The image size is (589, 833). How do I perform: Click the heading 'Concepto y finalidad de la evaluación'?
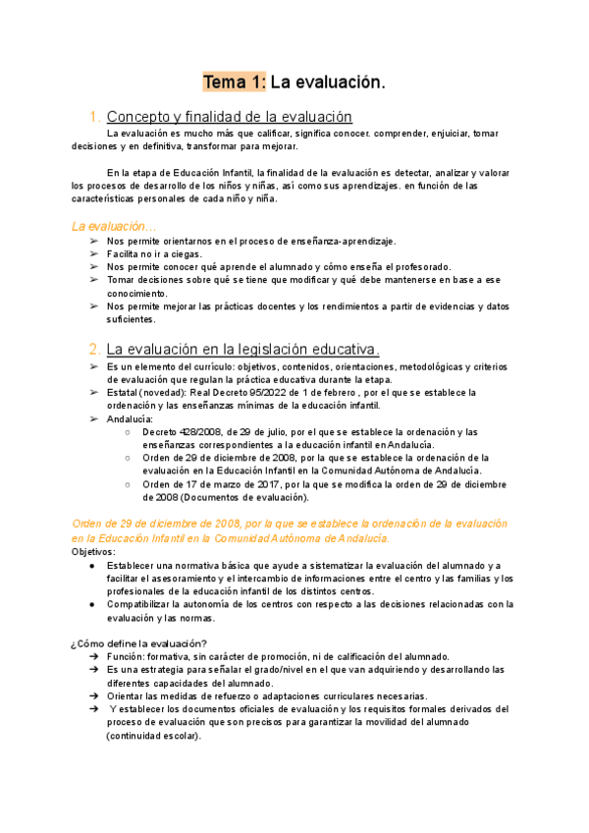click(229, 117)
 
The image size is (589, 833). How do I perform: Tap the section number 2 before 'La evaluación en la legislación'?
click(92, 349)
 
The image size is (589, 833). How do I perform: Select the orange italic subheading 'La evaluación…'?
click(114, 225)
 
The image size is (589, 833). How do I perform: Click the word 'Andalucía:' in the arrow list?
click(130, 418)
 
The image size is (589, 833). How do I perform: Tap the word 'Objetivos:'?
click(93, 552)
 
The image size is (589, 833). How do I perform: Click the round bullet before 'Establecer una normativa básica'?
click(91, 566)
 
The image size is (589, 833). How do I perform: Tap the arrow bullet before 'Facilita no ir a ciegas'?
click(92, 253)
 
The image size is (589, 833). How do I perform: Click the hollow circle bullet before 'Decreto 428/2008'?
click(129, 431)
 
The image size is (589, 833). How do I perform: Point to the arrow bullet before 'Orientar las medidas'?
click(92, 695)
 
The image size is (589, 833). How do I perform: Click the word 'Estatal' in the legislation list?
click(124, 393)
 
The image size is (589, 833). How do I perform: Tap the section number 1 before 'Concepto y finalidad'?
click(92, 117)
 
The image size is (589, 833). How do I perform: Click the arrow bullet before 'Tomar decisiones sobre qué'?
click(92, 280)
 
